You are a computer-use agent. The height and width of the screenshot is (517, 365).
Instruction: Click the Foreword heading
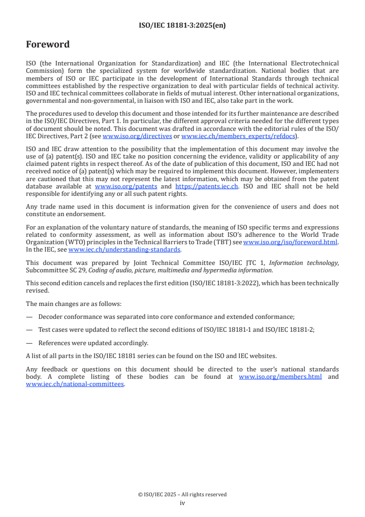[48, 45]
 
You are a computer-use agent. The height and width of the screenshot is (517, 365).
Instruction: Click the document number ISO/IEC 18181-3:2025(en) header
[182, 26]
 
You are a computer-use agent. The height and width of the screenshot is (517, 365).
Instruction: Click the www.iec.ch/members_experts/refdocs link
[238, 137]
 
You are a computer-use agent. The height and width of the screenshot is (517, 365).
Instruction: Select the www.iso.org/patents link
[126, 187]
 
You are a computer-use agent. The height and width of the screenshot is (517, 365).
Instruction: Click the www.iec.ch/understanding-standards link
[124, 249]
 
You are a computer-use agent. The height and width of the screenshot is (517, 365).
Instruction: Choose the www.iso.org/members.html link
[280, 377]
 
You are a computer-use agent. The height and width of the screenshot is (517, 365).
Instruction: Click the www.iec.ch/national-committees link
[75, 384]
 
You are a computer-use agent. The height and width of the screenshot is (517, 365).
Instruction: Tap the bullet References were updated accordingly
[93, 343]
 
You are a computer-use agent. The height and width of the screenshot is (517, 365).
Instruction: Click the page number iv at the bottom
[182, 503]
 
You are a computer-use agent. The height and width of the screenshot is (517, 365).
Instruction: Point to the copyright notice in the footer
[182, 494]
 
